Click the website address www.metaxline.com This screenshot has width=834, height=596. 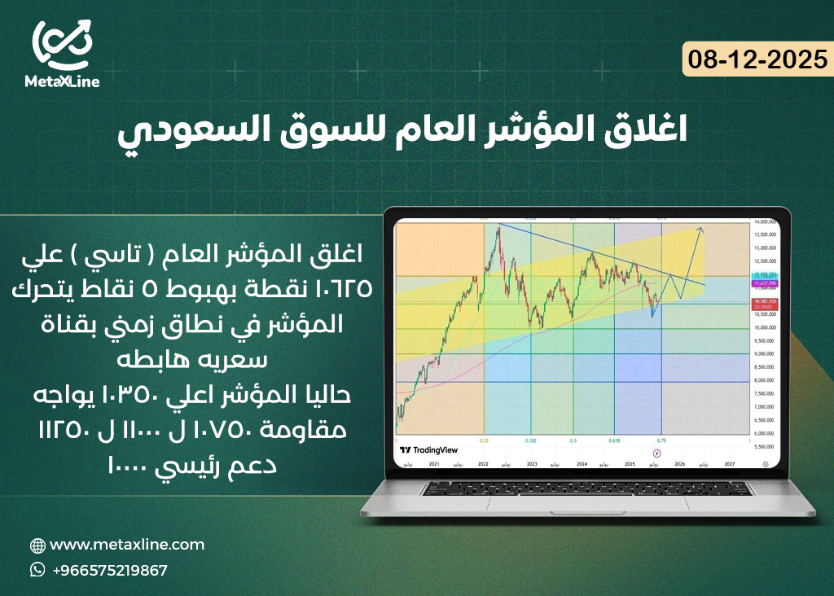pyautogui.click(x=127, y=545)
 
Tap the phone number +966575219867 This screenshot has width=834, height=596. pyautogui.click(x=110, y=570)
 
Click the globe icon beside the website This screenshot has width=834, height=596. pyautogui.click(x=37, y=546)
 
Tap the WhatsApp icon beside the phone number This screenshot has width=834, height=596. pyautogui.click(x=37, y=570)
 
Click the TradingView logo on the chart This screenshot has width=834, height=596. pyautogui.click(x=429, y=449)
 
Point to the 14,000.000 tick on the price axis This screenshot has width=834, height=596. pyautogui.click(x=762, y=222)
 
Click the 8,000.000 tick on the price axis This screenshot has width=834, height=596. pyautogui.click(x=762, y=380)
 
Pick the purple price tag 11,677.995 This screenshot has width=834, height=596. pyautogui.click(x=762, y=284)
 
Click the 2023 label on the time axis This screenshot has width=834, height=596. pyautogui.click(x=531, y=462)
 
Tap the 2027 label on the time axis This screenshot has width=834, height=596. pyautogui.click(x=730, y=462)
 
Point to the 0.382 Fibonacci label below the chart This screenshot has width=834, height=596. pyautogui.click(x=530, y=440)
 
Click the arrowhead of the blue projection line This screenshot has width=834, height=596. pyautogui.click(x=700, y=230)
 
